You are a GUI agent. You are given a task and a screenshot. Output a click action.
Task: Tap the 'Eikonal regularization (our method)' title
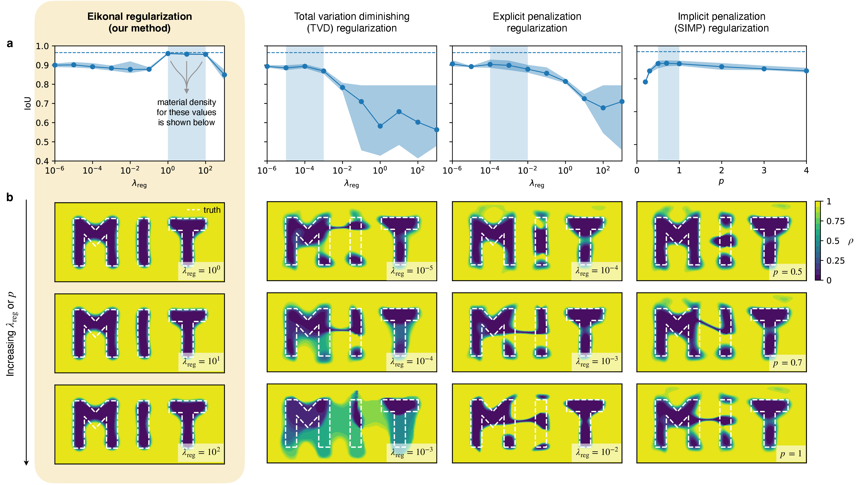pos(140,22)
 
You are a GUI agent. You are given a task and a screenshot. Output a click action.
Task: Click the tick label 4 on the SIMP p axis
pos(806,171)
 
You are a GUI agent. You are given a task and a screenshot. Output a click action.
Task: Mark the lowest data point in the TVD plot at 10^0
pos(380,126)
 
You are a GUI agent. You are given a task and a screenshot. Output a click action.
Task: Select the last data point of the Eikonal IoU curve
pos(224,75)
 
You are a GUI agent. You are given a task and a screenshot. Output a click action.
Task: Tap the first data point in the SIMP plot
pos(645,82)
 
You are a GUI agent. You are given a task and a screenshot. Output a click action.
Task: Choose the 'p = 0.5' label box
pos(787,272)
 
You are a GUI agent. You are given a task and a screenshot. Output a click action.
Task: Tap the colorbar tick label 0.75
pos(835,221)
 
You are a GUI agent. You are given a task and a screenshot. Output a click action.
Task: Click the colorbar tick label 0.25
pos(835,260)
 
